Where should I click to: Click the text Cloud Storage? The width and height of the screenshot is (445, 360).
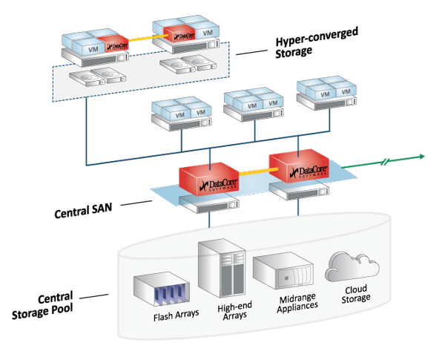[349, 295]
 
